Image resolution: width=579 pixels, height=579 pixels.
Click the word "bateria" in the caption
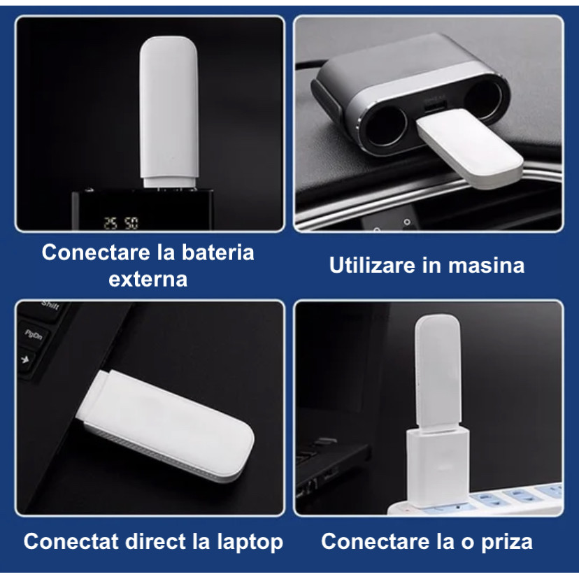point(217,252)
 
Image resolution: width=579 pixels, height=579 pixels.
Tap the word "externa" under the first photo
point(148,279)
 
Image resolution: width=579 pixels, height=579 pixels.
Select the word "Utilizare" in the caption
point(372,265)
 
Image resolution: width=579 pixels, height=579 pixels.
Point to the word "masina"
point(486,266)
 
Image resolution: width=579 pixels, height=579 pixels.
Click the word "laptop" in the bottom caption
point(250,543)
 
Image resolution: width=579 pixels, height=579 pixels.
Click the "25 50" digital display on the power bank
point(121,223)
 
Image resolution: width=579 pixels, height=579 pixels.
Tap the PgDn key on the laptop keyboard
point(34,335)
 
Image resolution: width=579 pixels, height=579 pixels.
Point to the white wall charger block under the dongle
point(438,467)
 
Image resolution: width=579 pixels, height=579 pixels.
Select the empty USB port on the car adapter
point(434,108)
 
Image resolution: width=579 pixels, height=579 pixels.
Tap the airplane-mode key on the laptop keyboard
point(25,359)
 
